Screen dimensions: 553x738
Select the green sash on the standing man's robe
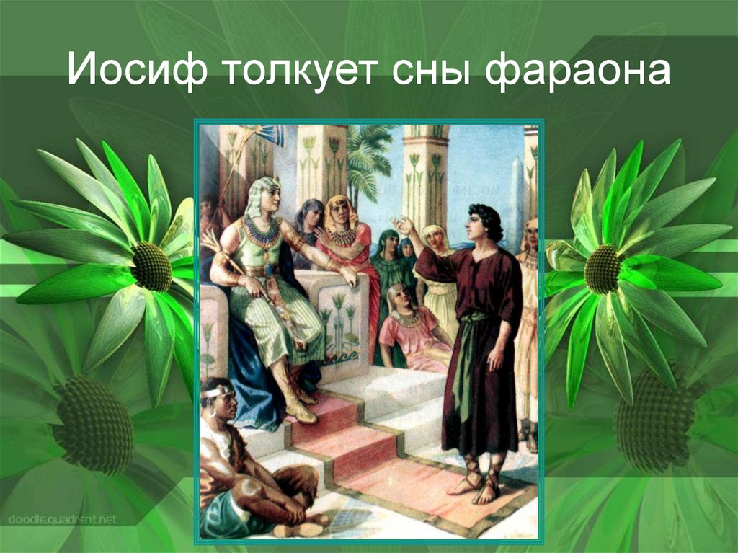[468, 346]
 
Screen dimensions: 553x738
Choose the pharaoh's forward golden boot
[297, 404]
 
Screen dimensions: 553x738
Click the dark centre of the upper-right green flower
[602, 269]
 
